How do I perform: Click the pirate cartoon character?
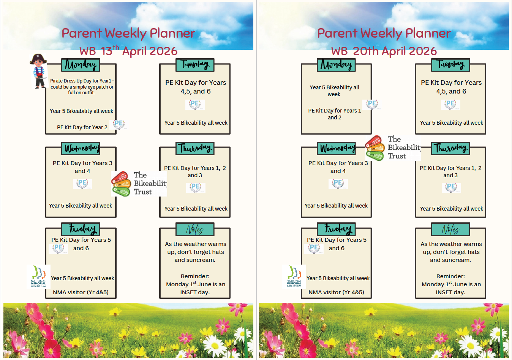pos(38,71)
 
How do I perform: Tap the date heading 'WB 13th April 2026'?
pos(128,51)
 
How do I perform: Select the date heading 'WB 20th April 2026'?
pos(384,51)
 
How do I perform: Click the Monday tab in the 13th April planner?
pos(81,65)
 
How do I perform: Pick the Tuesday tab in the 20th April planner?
pos(450,65)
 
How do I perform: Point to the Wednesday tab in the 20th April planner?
pos(337,148)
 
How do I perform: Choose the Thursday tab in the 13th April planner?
pos(195,148)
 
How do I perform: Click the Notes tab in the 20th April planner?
pos(450,229)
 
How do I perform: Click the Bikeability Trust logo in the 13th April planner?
pos(139,184)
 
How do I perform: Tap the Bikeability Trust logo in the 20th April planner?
pos(393,148)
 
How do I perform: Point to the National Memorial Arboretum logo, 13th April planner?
pos(38,276)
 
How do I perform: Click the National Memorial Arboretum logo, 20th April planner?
pos(294,276)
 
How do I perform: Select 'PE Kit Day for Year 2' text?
pos(82,127)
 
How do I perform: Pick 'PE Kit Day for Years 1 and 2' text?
pos(334,114)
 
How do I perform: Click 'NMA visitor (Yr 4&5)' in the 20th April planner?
pos(336,292)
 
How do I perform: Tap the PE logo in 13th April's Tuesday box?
pos(195,104)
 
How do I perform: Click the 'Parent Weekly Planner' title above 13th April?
pos(128,33)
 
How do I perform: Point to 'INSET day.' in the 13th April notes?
pos(195,292)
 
